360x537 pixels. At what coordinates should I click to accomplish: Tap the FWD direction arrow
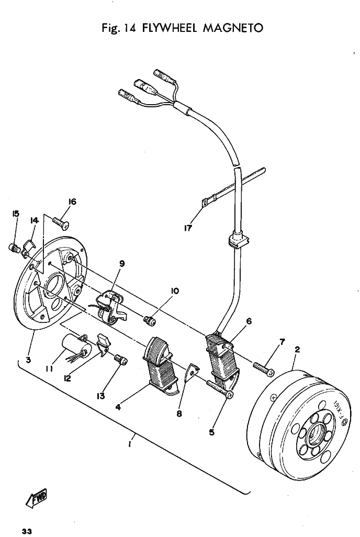tap(36, 498)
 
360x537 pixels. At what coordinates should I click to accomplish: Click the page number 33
tap(27, 531)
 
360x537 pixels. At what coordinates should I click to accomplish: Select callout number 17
tap(188, 228)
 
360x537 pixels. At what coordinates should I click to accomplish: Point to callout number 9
tap(122, 263)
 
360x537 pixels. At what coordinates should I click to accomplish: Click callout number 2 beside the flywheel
tap(297, 349)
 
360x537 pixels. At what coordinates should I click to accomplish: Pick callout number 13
tap(100, 396)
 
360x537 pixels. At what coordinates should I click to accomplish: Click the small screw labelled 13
tap(120, 360)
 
